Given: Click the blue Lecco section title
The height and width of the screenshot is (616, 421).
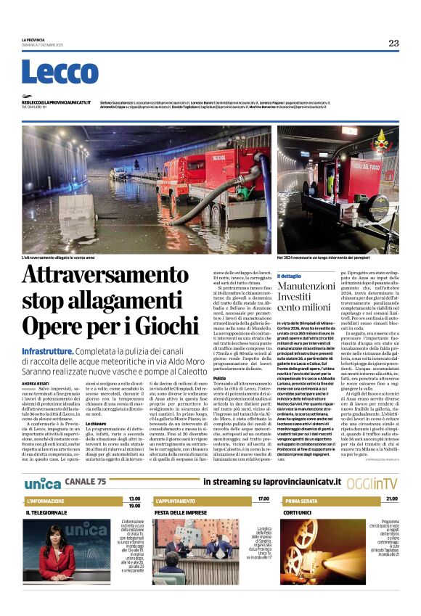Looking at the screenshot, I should [49, 72].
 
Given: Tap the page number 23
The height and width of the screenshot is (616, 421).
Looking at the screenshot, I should [393, 44].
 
